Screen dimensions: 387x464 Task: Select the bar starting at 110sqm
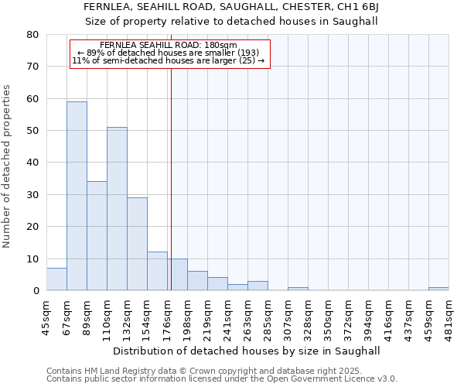117,209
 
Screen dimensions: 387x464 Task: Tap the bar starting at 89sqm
97,236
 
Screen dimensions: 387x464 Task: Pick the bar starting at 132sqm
137,244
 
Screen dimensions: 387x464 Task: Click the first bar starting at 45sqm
56,279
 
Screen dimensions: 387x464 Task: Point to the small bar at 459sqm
438,289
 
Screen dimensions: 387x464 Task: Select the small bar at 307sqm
298,289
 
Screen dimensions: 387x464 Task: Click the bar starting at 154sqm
157,271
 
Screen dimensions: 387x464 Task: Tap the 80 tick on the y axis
32,35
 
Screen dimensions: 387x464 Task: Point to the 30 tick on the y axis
32,195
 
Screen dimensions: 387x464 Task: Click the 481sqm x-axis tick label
449,317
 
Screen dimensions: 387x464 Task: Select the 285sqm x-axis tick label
268,317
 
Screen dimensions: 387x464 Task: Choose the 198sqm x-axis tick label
187,317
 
